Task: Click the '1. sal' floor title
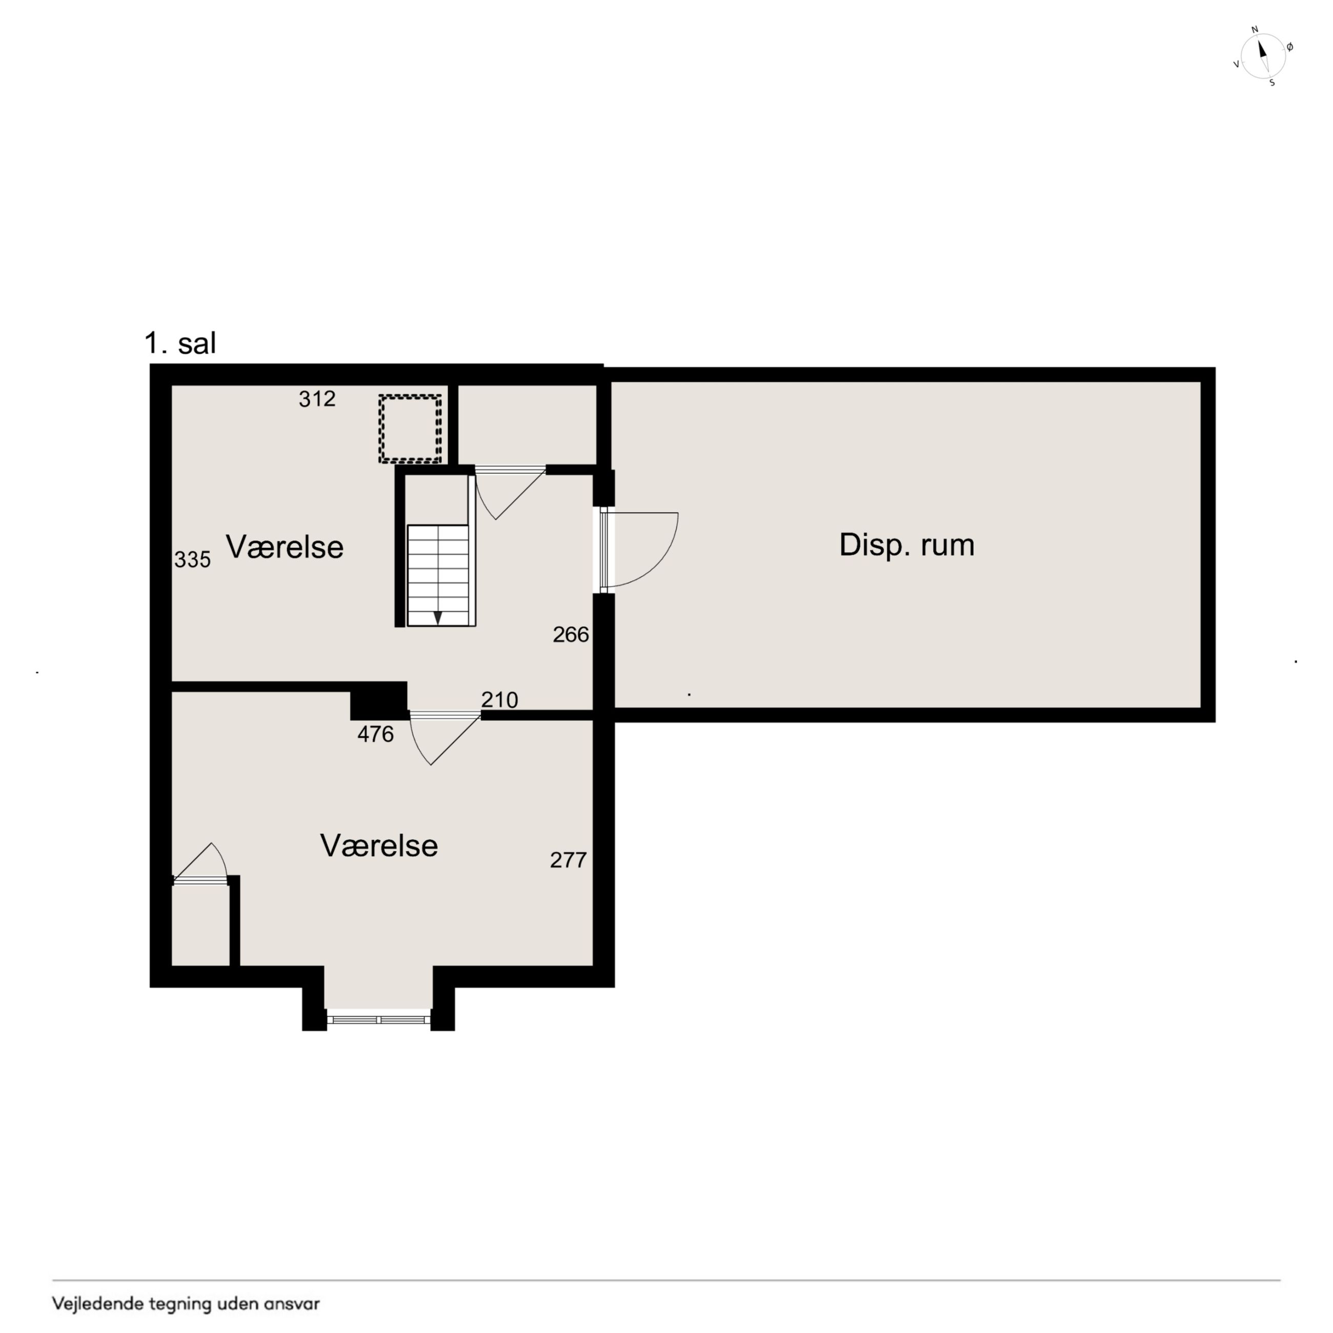[x=180, y=343]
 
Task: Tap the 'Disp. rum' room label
[x=906, y=545]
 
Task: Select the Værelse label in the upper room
[x=285, y=547]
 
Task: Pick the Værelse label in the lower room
[x=379, y=846]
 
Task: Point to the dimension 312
[x=317, y=399]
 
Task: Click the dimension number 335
[x=192, y=559]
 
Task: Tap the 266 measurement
[x=571, y=635]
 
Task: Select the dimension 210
[x=499, y=700]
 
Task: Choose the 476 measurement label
[x=375, y=734]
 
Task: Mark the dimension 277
[x=569, y=860]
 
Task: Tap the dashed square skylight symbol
[x=410, y=429]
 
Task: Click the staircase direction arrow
[x=437, y=617]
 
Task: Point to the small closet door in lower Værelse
[x=200, y=862]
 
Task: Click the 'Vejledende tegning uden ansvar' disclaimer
[x=186, y=1304]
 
